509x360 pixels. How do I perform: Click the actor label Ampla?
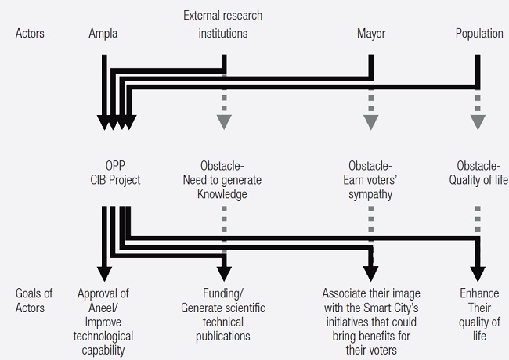(x=104, y=34)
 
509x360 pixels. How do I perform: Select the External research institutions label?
(x=223, y=24)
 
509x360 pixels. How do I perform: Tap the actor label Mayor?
(x=371, y=34)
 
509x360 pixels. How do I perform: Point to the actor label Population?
(x=480, y=34)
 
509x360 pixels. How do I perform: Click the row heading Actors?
(x=31, y=34)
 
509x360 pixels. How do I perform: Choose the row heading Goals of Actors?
(x=34, y=301)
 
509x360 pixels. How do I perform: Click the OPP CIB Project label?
(x=115, y=173)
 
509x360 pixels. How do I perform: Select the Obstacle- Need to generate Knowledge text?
(x=224, y=180)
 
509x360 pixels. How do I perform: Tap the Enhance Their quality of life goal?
(x=479, y=315)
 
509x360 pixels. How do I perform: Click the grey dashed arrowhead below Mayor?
(x=370, y=121)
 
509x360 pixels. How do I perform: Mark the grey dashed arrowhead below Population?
(x=477, y=121)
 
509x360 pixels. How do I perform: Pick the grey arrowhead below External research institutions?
(x=224, y=121)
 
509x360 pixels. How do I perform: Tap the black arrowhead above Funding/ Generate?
(x=224, y=273)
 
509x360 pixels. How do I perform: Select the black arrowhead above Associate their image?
(x=370, y=273)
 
